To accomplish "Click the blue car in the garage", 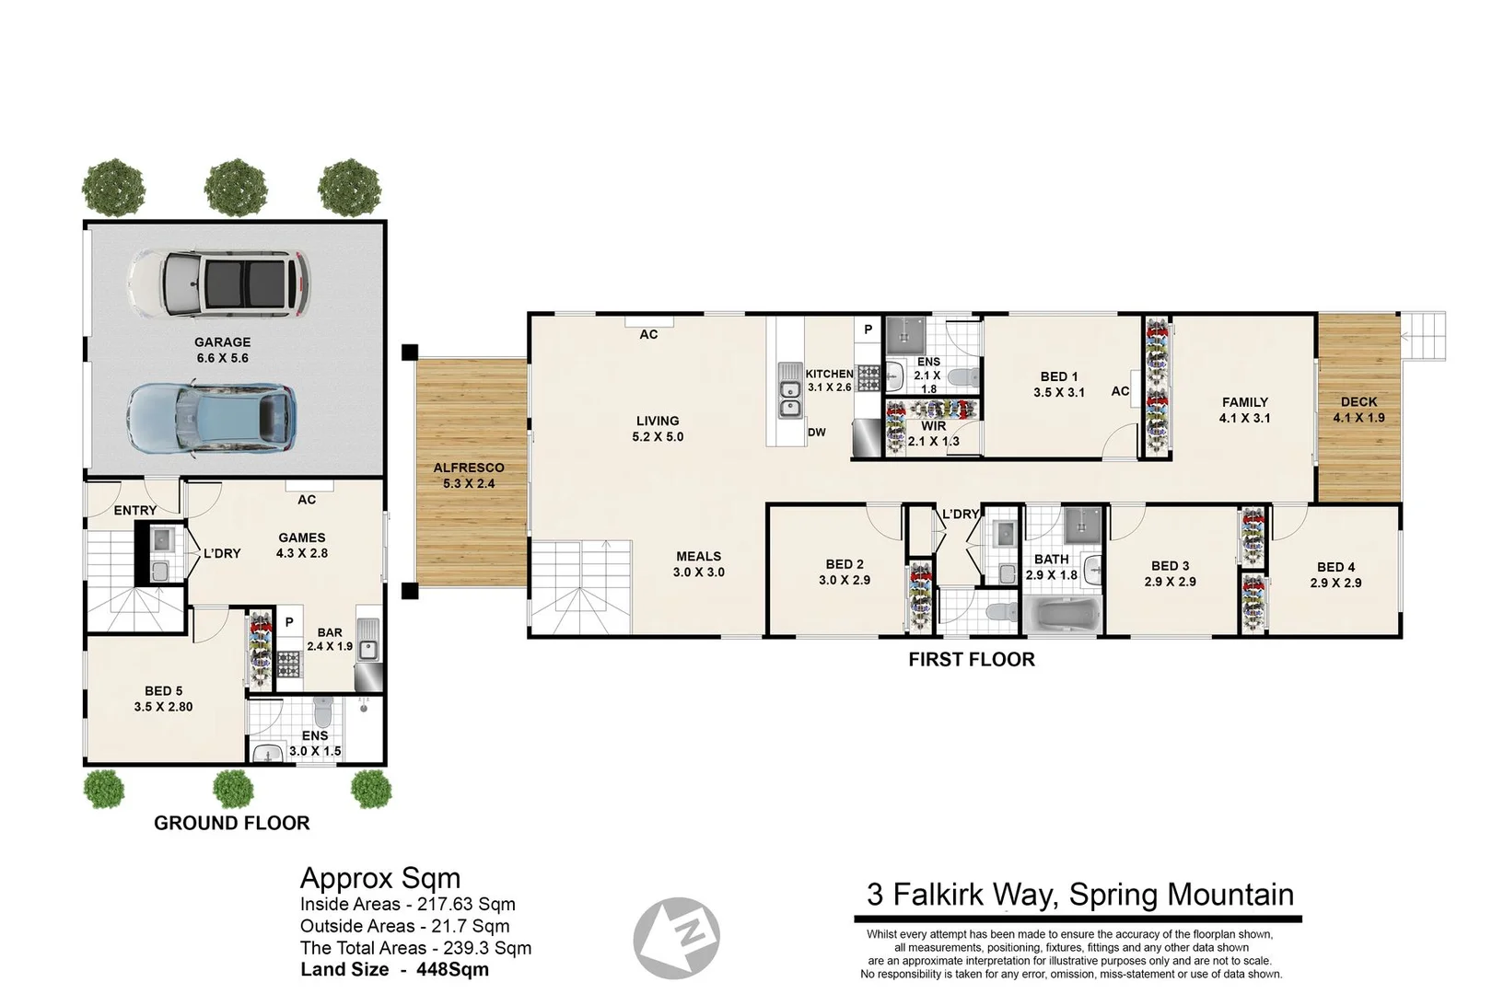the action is tap(211, 420).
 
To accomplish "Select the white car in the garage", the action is tap(219, 283).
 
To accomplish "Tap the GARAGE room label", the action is tap(223, 342).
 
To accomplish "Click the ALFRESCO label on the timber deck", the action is tap(469, 468).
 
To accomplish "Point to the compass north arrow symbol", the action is tap(676, 938).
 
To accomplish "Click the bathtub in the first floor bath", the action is tap(1063, 615).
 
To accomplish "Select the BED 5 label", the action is tap(164, 691).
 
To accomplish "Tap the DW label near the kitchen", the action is tap(817, 432).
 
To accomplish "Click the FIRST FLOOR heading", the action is tap(972, 659).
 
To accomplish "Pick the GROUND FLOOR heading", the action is tap(232, 823).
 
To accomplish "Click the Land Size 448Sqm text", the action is tap(394, 969).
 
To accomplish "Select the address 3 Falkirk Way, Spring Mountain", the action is tap(1079, 894).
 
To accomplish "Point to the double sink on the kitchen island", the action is tap(790, 390).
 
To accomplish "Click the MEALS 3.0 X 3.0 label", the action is tap(699, 564).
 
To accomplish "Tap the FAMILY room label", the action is tap(1245, 402).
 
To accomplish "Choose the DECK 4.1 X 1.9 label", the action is tap(1358, 410).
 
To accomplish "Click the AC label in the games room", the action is tap(307, 500).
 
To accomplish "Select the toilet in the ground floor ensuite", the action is tap(323, 711).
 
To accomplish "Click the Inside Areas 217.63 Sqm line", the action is tap(408, 904).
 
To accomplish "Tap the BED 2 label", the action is tap(845, 564).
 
